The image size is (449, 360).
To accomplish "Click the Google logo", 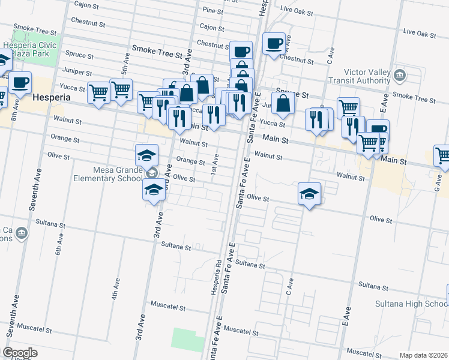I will [19, 353].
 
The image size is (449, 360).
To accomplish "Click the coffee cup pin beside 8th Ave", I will [20, 82].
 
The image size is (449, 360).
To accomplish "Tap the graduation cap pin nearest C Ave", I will [309, 194].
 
